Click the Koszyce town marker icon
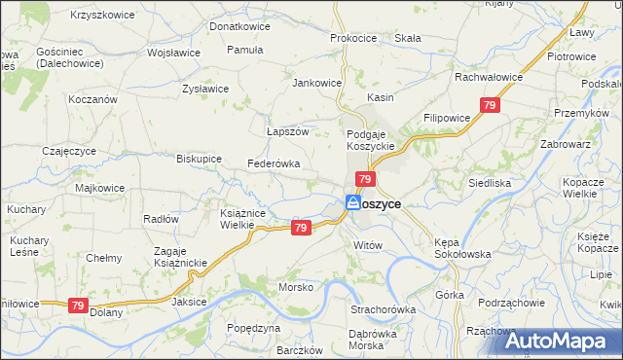coord(352,203)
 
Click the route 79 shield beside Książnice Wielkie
coord(301,228)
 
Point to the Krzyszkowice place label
coord(104,17)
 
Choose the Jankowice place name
coord(317,83)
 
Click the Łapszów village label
coord(287,131)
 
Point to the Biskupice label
coord(199,158)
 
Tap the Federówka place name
coord(274,163)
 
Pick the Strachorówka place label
coord(384,309)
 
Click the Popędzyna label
coord(253,329)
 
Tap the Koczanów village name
coord(93,99)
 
